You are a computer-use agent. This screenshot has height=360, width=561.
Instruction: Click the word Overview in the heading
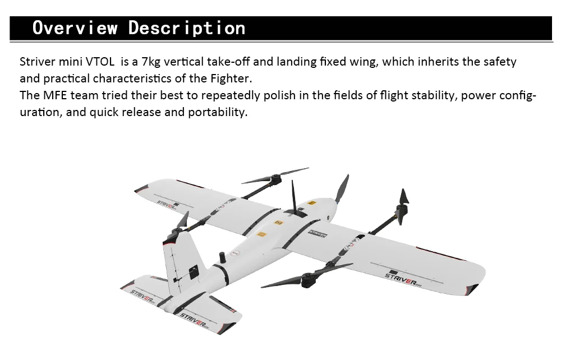[75, 28]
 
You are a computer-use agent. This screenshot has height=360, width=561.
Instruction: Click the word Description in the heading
[187, 28]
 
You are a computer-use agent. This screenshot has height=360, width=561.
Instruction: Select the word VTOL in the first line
[100, 62]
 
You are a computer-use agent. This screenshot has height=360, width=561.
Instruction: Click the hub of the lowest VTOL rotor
[308, 278]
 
